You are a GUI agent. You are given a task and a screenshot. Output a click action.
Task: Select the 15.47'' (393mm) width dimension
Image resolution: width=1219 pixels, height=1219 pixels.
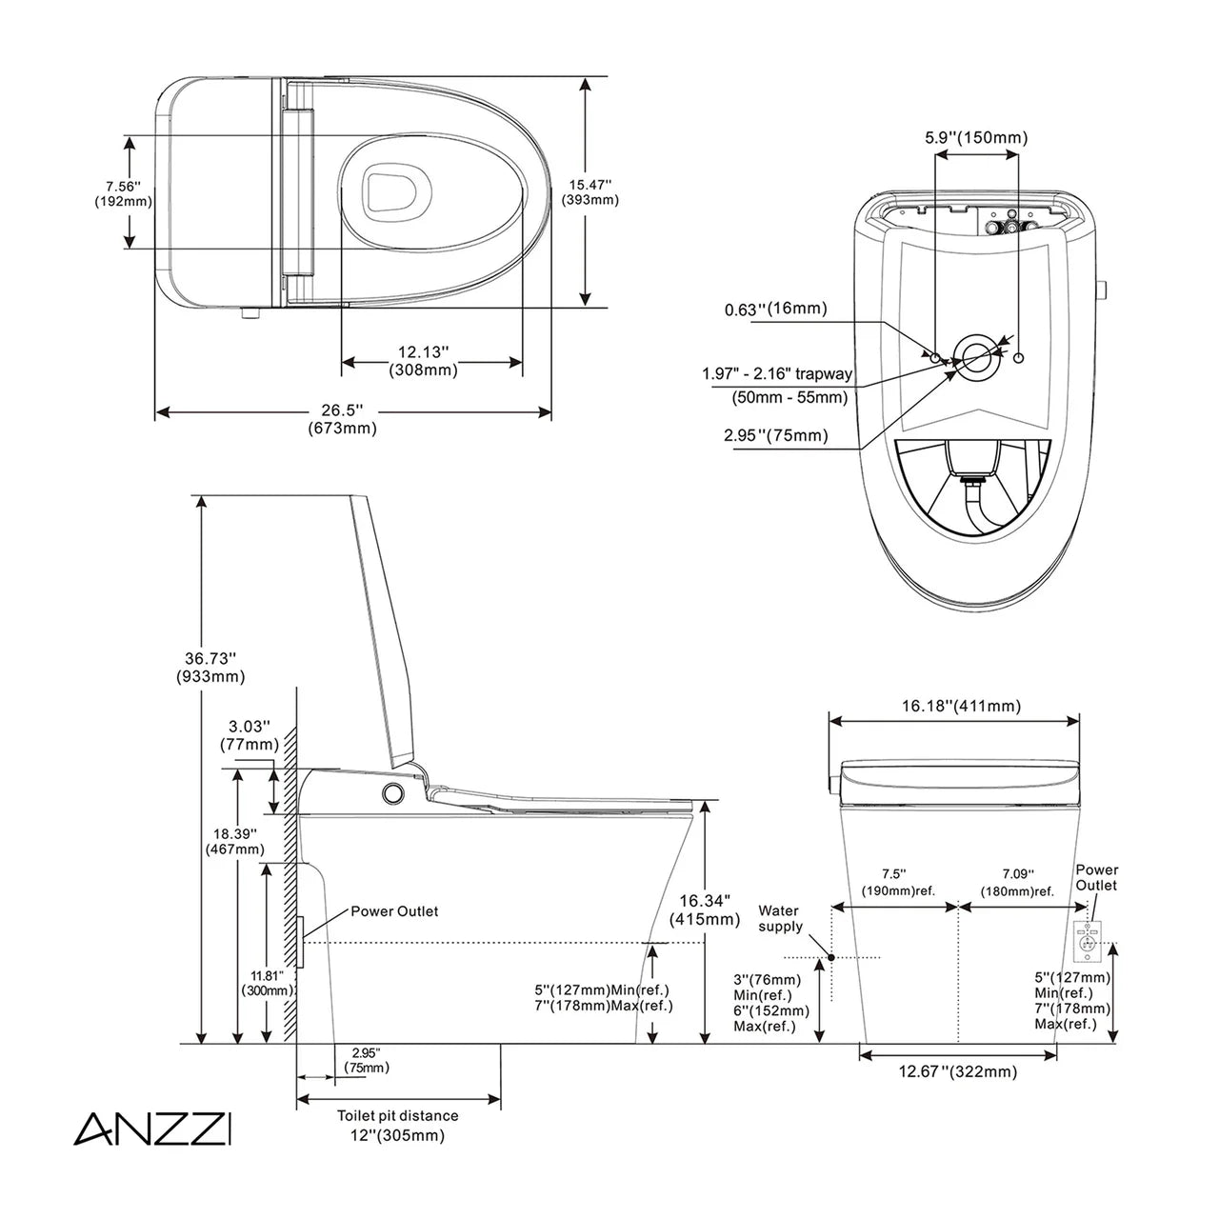pyautogui.click(x=590, y=191)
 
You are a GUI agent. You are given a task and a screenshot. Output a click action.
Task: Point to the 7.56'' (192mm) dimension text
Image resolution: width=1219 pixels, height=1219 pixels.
pyautogui.click(x=123, y=192)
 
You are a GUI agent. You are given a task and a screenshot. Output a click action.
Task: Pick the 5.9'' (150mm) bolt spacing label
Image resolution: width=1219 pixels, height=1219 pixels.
pyautogui.click(x=976, y=138)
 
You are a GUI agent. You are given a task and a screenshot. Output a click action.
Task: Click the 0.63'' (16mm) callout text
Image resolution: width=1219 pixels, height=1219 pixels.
pyautogui.click(x=775, y=310)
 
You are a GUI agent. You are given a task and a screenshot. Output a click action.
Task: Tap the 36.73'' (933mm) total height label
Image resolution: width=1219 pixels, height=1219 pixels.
pyautogui.click(x=210, y=667)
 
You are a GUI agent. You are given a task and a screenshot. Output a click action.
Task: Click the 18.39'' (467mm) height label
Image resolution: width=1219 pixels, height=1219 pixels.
pyautogui.click(x=234, y=840)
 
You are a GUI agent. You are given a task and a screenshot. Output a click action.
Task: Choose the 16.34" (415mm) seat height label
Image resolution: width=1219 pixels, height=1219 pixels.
pyautogui.click(x=704, y=909)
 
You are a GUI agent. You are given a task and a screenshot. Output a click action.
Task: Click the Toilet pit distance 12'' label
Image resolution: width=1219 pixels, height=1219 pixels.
pyautogui.click(x=397, y=1125)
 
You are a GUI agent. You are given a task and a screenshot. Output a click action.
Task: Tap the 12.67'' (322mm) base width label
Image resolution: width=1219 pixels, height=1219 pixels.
pyautogui.click(x=958, y=1071)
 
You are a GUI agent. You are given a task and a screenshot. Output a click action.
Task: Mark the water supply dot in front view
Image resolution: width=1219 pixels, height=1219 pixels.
pyautogui.click(x=831, y=956)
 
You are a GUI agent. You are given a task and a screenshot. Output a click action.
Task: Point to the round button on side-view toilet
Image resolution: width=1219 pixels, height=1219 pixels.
pyautogui.click(x=391, y=793)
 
